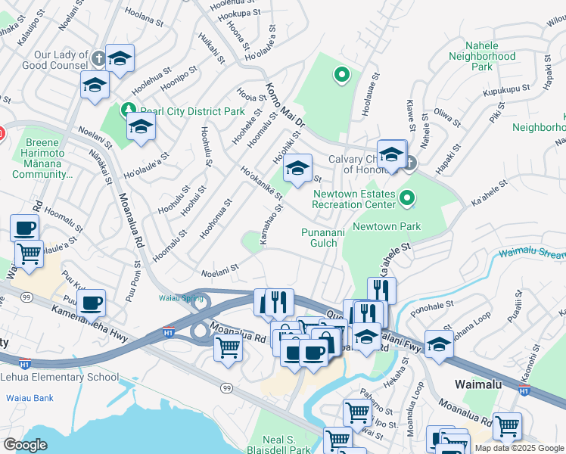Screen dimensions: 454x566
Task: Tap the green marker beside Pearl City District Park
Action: [x=128, y=110]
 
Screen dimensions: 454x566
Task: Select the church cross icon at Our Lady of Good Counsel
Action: [x=98, y=58]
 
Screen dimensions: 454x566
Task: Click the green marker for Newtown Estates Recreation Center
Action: [x=407, y=200]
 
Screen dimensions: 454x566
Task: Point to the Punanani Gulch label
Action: [x=324, y=238]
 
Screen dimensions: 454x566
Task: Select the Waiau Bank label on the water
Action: [x=30, y=397]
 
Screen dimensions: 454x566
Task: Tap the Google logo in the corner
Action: [x=24, y=445]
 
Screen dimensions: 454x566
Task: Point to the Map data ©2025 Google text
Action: [x=519, y=448]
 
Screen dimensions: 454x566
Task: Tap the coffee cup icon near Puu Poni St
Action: [x=91, y=304]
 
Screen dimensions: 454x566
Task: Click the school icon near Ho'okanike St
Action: [x=297, y=169]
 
